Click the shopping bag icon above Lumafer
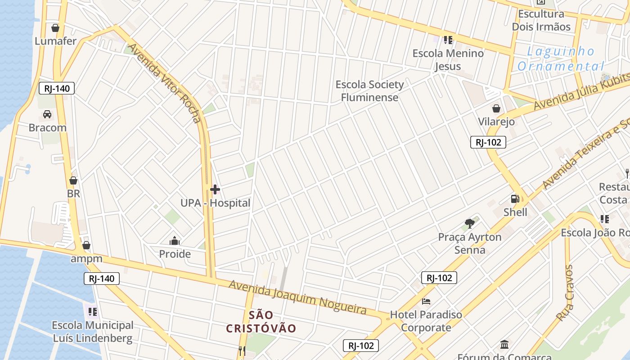click(55, 28)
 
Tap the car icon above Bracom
click(47, 114)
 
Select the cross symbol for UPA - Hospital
click(215, 189)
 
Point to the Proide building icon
click(175, 241)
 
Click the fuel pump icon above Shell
click(515, 199)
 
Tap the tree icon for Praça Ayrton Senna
click(470, 223)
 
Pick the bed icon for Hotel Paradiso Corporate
click(426, 301)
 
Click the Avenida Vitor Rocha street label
click(164, 83)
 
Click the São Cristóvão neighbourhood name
click(261, 321)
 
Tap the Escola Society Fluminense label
click(369, 91)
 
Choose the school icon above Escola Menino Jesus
click(448, 40)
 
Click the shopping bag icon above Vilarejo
click(496, 108)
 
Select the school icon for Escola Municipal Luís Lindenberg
click(93, 311)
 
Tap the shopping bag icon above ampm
click(86, 245)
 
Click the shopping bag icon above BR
click(73, 180)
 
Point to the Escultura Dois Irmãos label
click(541, 20)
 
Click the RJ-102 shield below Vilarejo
click(488, 142)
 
